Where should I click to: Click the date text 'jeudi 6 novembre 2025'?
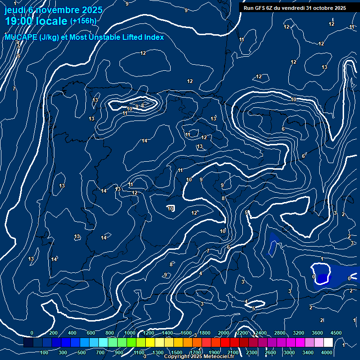(54, 10)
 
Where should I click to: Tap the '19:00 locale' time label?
(36, 21)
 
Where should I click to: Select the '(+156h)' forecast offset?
(83, 21)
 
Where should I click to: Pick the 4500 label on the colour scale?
(336, 333)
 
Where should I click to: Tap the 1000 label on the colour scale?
(130, 333)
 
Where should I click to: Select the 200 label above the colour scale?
(53, 333)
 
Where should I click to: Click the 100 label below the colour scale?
(45, 352)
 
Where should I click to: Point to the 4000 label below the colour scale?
(327, 352)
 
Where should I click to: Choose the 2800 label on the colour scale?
(280, 333)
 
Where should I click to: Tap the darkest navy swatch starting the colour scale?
(28, 343)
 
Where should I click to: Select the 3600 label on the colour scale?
(317, 333)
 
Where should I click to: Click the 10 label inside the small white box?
(171, 209)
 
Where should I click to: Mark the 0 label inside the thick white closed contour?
(314, 277)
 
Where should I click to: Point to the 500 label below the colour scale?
(82, 352)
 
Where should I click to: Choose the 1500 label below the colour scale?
(177, 352)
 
